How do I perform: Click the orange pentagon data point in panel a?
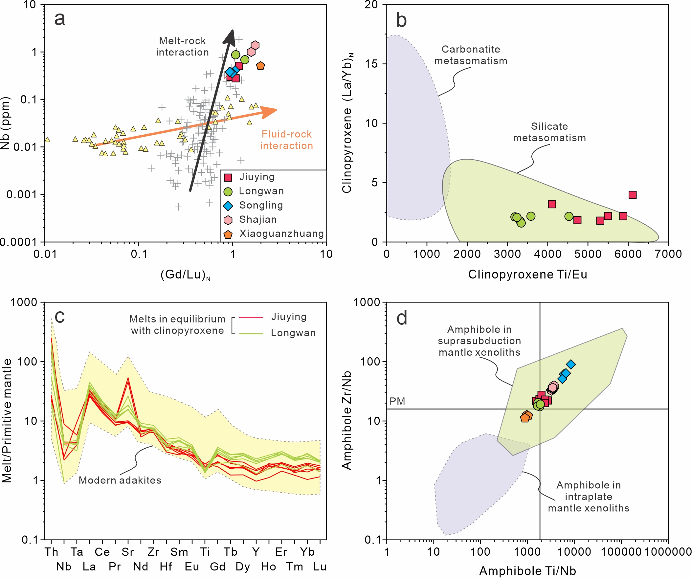coord(260,66)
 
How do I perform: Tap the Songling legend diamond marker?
coord(228,206)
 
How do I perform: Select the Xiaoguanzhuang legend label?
coord(281,233)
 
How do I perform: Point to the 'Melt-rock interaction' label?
coord(182,46)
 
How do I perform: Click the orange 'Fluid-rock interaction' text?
coord(286,140)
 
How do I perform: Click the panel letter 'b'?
coord(401,20)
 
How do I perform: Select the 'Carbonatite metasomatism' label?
coord(471,55)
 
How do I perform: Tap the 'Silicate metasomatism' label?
coord(549,132)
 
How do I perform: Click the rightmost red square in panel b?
coord(632,195)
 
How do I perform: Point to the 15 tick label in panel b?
coord(371,64)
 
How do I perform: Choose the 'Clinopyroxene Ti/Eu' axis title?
coord(527,274)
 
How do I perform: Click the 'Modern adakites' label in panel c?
coord(120,480)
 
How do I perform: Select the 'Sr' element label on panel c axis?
coord(128,552)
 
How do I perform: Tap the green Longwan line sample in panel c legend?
coord(251,334)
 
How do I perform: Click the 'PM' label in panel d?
coord(397,401)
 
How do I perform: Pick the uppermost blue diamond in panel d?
coord(571,364)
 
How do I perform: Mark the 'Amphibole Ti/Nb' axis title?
coord(527,571)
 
